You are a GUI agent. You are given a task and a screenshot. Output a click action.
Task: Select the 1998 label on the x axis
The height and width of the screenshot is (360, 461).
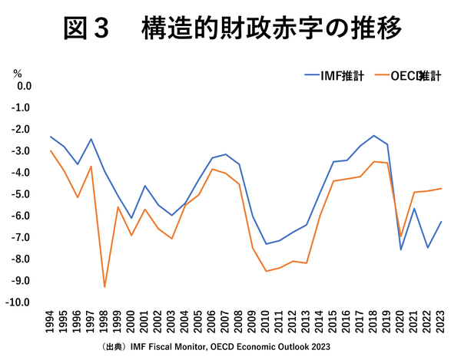click(104, 323)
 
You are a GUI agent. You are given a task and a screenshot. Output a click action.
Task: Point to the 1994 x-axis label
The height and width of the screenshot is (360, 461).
click(51, 323)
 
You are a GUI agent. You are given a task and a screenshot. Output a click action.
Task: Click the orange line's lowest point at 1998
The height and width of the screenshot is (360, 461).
click(104, 287)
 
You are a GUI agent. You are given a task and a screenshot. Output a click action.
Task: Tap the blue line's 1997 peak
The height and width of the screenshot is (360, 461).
click(91, 139)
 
